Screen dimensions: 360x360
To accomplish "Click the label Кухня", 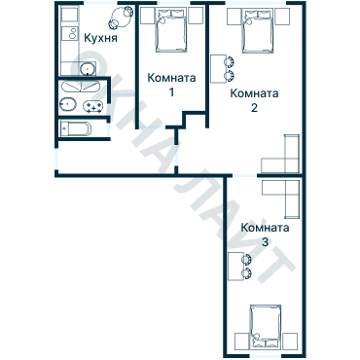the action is pyautogui.click(x=100, y=38).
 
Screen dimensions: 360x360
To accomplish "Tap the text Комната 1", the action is pyautogui.click(x=171, y=85).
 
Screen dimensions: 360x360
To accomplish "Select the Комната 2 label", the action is pyautogui.click(x=254, y=100).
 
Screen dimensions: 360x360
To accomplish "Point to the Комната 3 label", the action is pyautogui.click(x=265, y=234).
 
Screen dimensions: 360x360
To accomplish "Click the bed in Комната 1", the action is pyautogui.click(x=171, y=31).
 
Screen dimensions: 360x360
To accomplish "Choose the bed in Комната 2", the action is pyautogui.click(x=258, y=31).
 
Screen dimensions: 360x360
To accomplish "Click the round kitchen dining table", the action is pyautogui.click(x=120, y=16).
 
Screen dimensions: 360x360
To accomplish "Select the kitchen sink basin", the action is pyautogui.click(x=88, y=68).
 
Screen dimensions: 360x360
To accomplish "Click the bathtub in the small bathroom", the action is pyautogui.click(x=76, y=129).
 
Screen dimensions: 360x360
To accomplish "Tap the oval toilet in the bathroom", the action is pyautogui.click(x=68, y=104).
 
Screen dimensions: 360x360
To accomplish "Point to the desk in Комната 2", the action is pyautogui.click(x=217, y=69).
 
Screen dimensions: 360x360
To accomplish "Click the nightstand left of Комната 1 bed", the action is pyautogui.click(x=147, y=16).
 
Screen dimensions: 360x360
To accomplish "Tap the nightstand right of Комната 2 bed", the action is pyautogui.click(x=282, y=16).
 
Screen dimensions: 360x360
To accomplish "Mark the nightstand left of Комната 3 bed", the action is pyautogui.click(x=241, y=341).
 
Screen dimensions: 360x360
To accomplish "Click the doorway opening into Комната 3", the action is pyautogui.click(x=245, y=175).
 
